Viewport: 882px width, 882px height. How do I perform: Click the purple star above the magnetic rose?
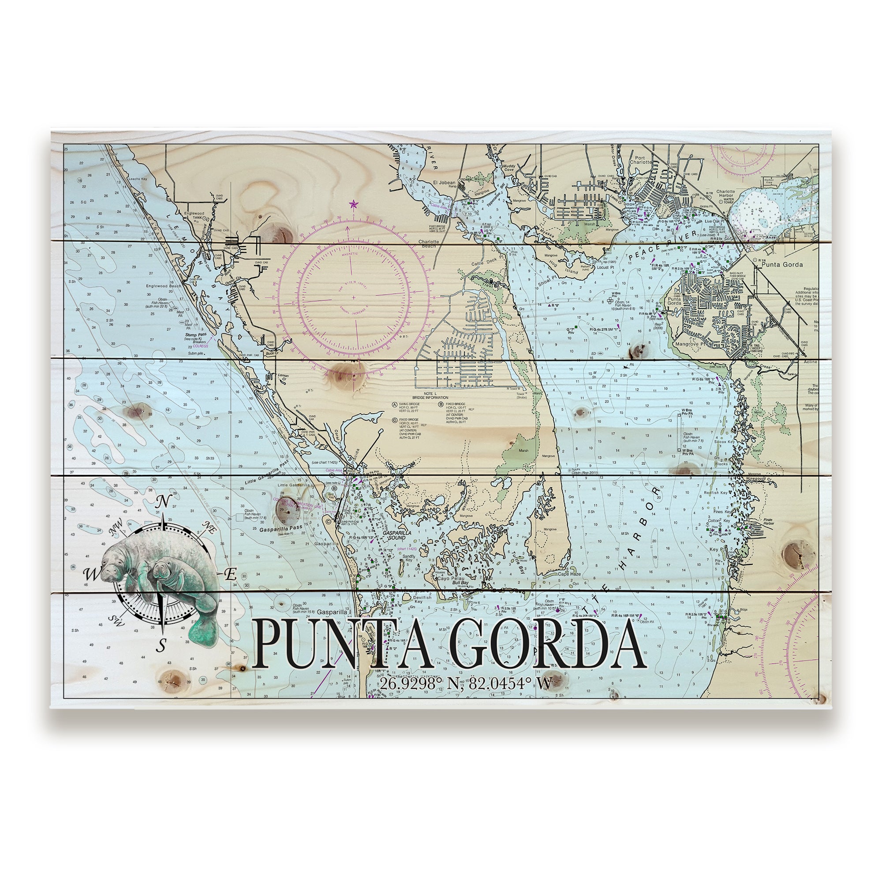[x=352, y=204]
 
